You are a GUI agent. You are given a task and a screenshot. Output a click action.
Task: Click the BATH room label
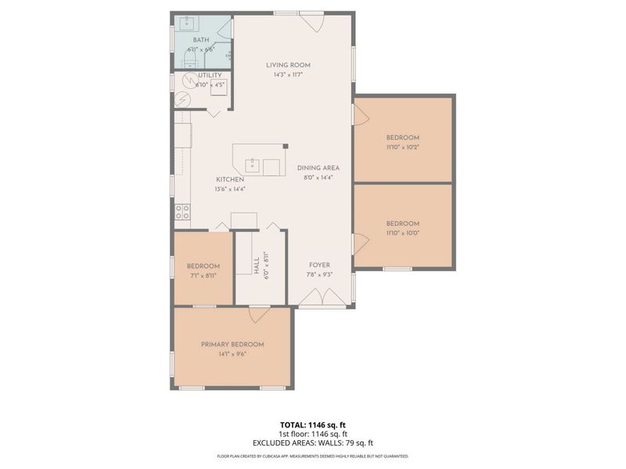pyautogui.click(x=201, y=40)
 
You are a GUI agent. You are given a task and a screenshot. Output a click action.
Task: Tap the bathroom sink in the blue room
pyautogui.click(x=187, y=23)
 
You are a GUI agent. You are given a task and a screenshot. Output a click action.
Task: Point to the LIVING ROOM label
pyautogui.click(x=288, y=66)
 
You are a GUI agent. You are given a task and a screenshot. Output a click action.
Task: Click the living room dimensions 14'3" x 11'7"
pyautogui.click(x=288, y=75)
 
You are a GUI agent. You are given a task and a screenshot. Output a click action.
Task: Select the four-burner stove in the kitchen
pyautogui.click(x=182, y=211)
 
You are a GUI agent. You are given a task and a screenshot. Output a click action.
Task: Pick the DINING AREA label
pyautogui.click(x=317, y=168)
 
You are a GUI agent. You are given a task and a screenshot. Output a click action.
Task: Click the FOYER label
pyautogui.click(x=319, y=265)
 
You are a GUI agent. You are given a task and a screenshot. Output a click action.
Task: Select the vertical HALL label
pyautogui.click(x=256, y=266)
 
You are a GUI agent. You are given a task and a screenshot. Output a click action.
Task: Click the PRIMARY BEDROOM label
pyautogui.click(x=232, y=344)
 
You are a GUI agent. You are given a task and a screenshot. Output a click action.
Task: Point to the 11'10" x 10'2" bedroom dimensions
pyautogui.click(x=403, y=147)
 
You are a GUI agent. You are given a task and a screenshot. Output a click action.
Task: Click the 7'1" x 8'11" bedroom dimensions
pyautogui.click(x=203, y=275)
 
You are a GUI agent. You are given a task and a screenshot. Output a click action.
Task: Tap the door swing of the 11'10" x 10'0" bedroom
pyautogui.click(x=361, y=243)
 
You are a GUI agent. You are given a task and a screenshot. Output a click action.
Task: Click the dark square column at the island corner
pyautogui.click(x=286, y=146)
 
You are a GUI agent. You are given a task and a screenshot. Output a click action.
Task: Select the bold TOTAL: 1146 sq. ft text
pyautogui.click(x=312, y=424)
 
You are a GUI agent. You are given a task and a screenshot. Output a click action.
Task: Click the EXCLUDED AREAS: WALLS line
pyautogui.click(x=312, y=442)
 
